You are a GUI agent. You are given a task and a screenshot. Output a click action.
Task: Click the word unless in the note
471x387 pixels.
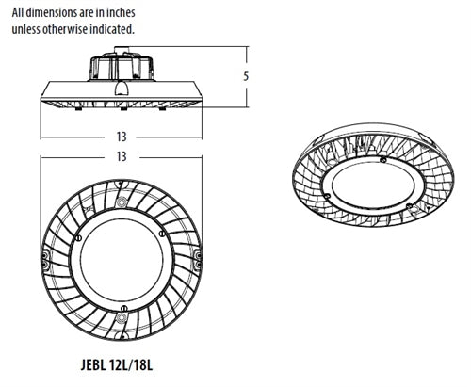point(28,29)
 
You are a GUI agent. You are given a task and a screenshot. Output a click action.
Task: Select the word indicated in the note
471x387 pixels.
point(110,29)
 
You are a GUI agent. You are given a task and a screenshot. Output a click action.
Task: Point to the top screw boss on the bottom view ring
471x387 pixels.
point(121,196)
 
